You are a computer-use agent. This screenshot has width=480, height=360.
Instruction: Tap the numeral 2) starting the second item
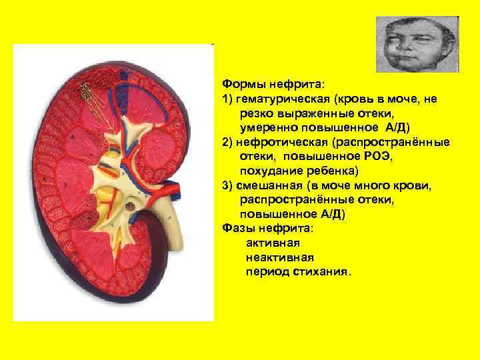coord(228,142)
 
